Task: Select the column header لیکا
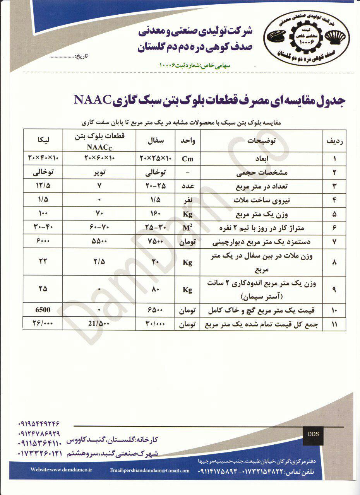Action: point(43,140)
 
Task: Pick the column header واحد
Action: point(188,142)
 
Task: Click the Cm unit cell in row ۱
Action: point(188,159)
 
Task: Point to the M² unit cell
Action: point(188,227)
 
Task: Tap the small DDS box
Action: point(314,434)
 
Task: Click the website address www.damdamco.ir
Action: point(62,469)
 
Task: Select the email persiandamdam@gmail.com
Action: point(150,470)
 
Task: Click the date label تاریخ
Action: point(81,56)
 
